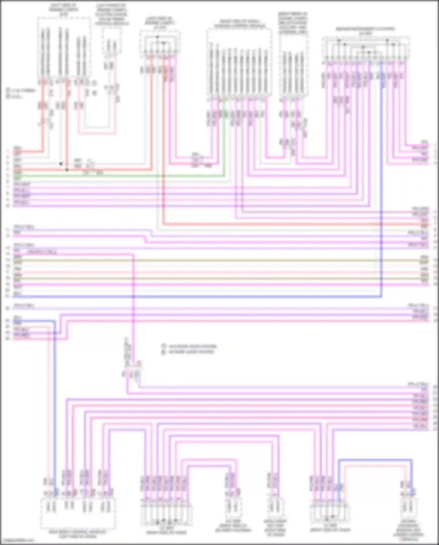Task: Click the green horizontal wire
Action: pos(117,176)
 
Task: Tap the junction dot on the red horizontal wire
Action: pos(67,170)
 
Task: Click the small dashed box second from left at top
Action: pos(112,41)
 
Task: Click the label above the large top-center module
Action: pos(239,24)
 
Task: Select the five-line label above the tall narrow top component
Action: pos(293,23)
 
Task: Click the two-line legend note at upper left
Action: pos(21,93)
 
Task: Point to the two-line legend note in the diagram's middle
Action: pos(189,349)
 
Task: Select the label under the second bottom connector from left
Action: pos(166,531)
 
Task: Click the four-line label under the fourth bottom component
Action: pos(275,529)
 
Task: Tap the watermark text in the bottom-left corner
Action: pos(18,540)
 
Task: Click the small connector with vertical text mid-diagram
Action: pos(132,372)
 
